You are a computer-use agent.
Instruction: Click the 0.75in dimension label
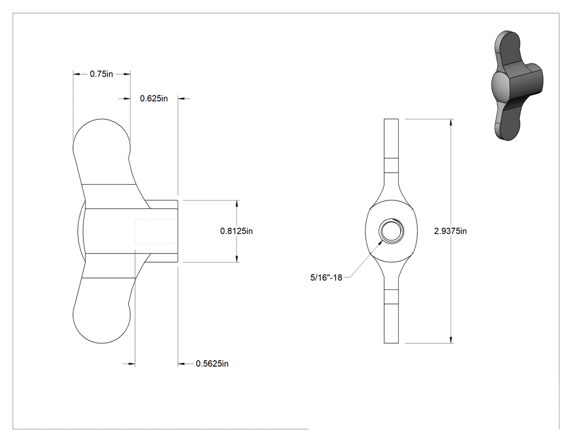[101, 74]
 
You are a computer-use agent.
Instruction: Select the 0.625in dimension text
[154, 99]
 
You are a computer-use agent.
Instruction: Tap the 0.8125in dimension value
[236, 231]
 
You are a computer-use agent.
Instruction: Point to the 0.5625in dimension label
[212, 364]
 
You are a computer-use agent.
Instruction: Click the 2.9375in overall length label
[450, 231]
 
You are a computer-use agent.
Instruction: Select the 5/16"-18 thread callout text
[326, 278]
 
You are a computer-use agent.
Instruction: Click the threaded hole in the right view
[392, 231]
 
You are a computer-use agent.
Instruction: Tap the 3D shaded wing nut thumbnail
[518, 86]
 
